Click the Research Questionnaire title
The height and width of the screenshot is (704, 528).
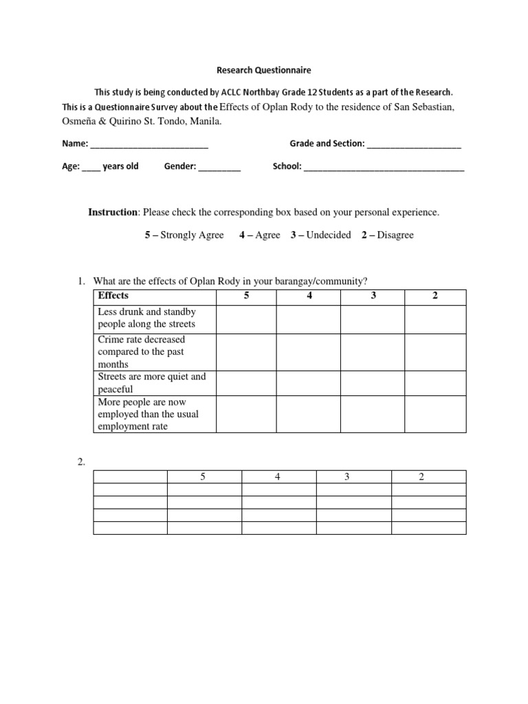265,70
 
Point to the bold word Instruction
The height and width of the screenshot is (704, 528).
113,212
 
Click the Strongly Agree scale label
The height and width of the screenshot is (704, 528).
184,235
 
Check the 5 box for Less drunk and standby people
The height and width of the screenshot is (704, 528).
246,318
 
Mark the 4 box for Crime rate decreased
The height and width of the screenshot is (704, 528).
309,351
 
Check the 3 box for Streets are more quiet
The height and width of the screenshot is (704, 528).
372,383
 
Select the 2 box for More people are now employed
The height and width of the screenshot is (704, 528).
434,414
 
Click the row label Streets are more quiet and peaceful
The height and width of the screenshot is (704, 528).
152,383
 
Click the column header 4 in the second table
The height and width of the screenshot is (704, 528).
278,477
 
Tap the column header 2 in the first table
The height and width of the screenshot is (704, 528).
434,296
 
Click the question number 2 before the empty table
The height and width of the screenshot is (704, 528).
80,462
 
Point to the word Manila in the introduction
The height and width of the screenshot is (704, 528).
206,121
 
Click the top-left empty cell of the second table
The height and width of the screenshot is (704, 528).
130,477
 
